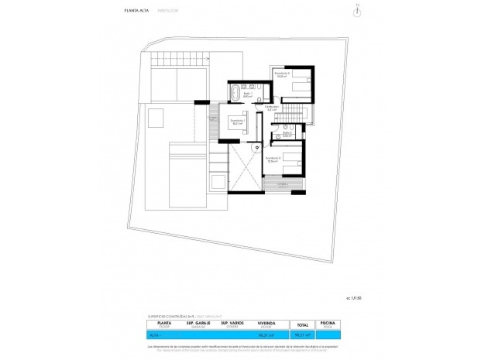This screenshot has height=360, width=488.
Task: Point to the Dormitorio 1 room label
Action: coord(238,122)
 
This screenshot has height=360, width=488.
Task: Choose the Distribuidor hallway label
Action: coord(271,108)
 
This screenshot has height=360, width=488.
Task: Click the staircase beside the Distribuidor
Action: coord(287,117)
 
